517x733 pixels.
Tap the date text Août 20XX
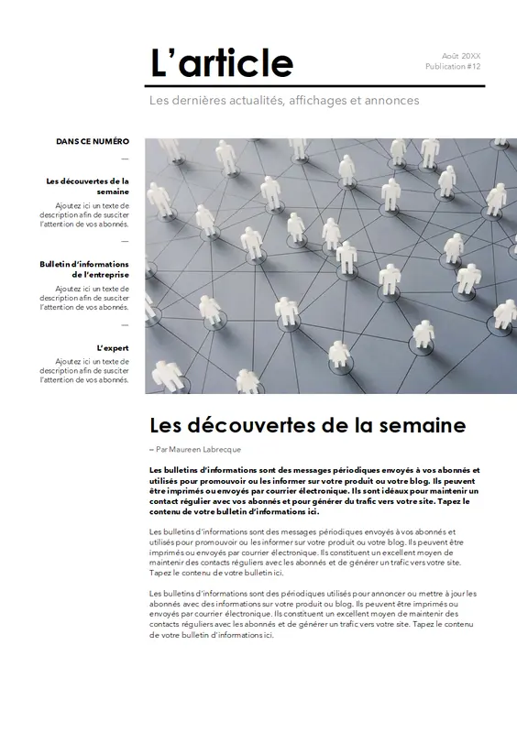tap(461, 56)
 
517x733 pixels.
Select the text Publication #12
tap(453, 68)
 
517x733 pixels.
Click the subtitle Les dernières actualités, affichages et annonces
tap(284, 100)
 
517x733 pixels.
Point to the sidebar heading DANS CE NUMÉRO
tap(93, 142)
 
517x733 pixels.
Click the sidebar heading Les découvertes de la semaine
tap(88, 187)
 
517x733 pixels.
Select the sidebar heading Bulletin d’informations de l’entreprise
tap(85, 269)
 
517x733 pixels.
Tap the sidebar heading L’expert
tap(113, 348)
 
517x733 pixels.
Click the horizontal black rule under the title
tap(317, 86)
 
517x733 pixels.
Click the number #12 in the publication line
tap(473, 68)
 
